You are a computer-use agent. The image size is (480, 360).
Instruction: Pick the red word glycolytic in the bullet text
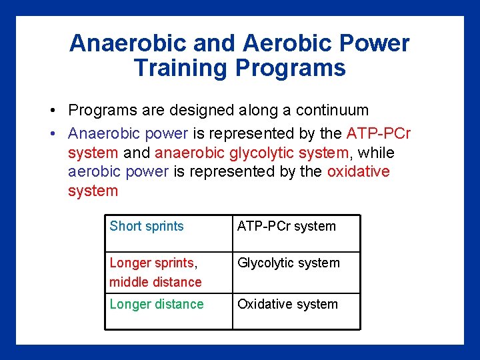261,153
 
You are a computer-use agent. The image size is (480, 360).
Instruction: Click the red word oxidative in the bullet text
358,171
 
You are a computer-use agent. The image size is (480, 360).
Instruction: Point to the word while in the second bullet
377,153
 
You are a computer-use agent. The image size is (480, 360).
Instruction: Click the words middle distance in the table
155,282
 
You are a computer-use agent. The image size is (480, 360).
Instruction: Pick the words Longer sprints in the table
151,263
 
